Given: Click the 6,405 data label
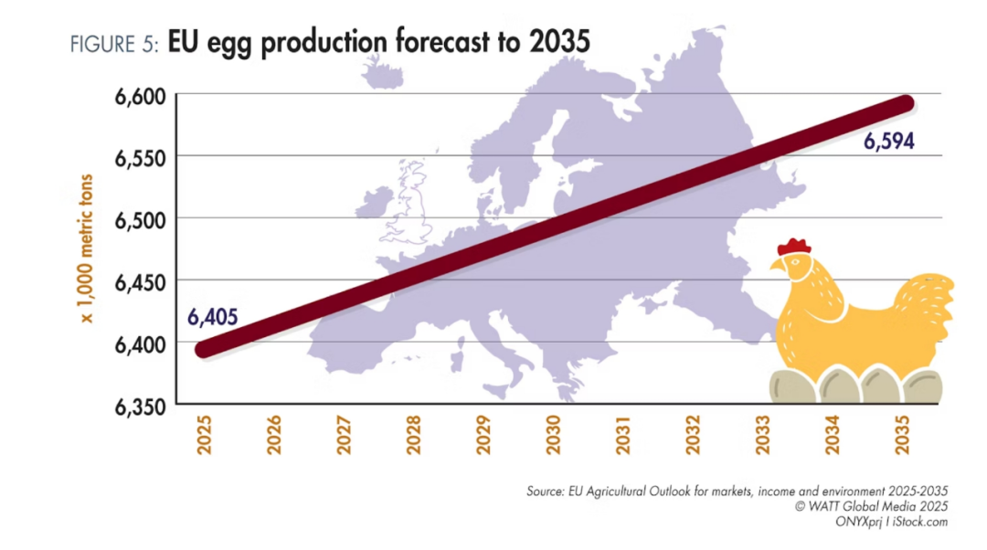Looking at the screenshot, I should tap(213, 317).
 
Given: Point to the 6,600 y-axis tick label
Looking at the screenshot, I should tap(139, 95).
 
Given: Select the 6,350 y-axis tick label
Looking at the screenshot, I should tap(139, 405).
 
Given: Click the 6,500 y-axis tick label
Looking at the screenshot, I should tap(139, 218).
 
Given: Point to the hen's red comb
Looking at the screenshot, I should tap(794, 246).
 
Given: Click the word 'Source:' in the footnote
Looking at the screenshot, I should tap(546, 492).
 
